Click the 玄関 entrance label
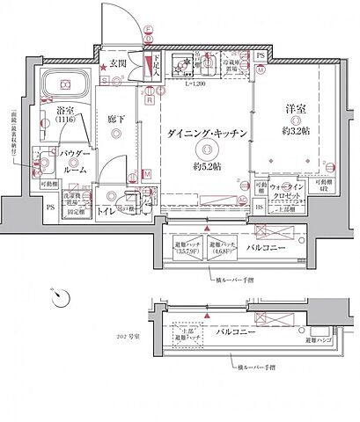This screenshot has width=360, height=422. (x=120, y=64)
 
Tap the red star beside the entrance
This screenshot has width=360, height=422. (x=103, y=66)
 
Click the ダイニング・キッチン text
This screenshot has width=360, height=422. (x=209, y=132)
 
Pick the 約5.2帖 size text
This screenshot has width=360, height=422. (x=208, y=165)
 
